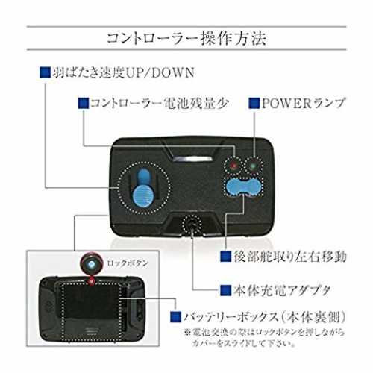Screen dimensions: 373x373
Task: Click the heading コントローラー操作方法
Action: pyautogui.click(x=186, y=38)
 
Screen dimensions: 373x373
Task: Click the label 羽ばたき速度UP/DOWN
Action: pyautogui.click(x=123, y=72)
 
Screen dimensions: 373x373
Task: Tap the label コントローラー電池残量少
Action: pyautogui.click(x=159, y=103)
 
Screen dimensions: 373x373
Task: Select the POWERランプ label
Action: pyautogui.click(x=304, y=103)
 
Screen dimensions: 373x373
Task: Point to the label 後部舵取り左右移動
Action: pyautogui.click(x=289, y=257)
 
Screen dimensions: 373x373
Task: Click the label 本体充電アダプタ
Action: pyautogui.click(x=282, y=290)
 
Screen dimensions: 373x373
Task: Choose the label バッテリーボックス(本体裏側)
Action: pyautogui.click(x=265, y=317)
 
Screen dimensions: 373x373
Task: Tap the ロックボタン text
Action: pyautogui.click(x=128, y=263)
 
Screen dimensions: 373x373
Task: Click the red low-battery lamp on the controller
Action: pyautogui.click(x=233, y=166)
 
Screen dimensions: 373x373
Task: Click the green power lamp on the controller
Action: pyautogui.click(x=253, y=166)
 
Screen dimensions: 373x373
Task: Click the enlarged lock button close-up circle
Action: pyautogui.click(x=91, y=263)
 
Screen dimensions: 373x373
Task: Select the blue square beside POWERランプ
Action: pyautogui.click(x=254, y=103)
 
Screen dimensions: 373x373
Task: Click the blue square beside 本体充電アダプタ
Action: pyautogui.click(x=226, y=290)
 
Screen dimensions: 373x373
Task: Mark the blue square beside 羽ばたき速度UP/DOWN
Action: pyautogui.click(x=45, y=72)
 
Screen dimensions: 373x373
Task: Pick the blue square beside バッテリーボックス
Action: pyautogui.click(x=176, y=317)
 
